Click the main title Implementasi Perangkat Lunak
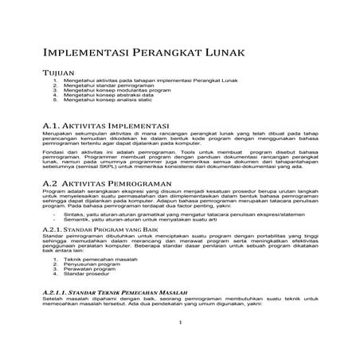coord(143,53)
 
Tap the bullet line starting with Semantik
coord(127,219)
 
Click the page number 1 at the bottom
coord(181,323)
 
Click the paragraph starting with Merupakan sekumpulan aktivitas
coord(180,139)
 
